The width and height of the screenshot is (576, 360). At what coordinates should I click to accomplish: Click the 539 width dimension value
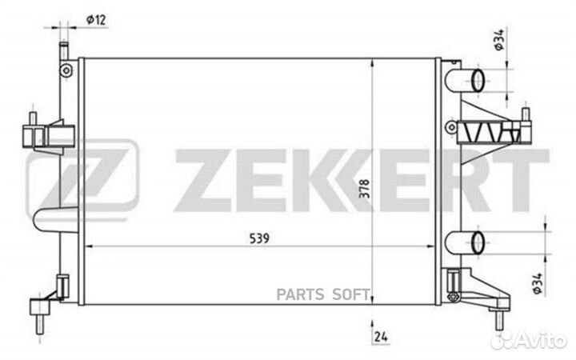259,238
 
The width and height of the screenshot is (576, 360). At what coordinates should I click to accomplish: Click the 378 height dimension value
365,189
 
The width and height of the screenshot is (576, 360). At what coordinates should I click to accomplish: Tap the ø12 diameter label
96,19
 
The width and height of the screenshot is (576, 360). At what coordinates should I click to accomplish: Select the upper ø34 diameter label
499,40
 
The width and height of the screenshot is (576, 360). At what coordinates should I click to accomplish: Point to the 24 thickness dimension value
381,337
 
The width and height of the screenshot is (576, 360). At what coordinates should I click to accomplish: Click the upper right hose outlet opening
478,81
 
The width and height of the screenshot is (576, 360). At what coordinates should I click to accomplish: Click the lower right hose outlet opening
478,243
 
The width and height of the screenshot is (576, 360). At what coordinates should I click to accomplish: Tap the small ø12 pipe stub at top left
64,50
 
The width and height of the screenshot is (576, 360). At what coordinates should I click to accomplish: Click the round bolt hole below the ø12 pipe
66,70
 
